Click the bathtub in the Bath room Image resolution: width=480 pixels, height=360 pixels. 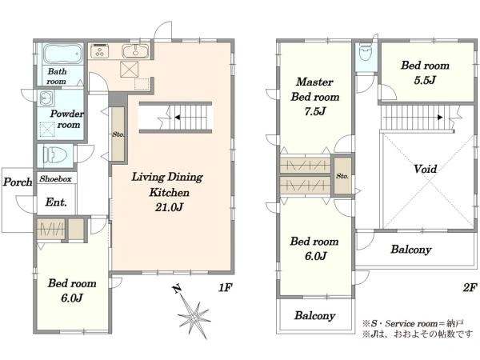coord(62,54)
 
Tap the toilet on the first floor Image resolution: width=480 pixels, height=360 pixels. coord(55,155)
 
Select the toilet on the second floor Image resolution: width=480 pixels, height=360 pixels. coord(366,52)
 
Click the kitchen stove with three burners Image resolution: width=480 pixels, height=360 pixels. coord(99,51)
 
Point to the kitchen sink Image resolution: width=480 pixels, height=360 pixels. coord(135,51)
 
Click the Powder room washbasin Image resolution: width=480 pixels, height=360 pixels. coord(46,98)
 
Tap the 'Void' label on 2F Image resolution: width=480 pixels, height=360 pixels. coord(426,169)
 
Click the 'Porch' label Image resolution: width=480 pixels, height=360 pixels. coord(18,182)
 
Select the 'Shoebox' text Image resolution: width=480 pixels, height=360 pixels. coord(55,178)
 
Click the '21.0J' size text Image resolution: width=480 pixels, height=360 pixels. coord(169,207)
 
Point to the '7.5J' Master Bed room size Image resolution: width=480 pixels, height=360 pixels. coord(315,111)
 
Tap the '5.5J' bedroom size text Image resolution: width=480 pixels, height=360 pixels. coord(425,80)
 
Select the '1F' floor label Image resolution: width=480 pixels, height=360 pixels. coord(226,287)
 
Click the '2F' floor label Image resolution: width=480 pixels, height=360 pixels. coord(470,287)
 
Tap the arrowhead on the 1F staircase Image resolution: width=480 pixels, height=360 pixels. coord(177,118)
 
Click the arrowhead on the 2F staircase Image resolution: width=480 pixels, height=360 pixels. coord(440,118)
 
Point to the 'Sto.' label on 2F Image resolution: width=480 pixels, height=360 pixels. coord(342,176)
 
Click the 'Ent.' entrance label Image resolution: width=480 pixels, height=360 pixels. coord(56,202)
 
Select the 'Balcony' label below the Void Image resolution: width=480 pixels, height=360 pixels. coord(411,250)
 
